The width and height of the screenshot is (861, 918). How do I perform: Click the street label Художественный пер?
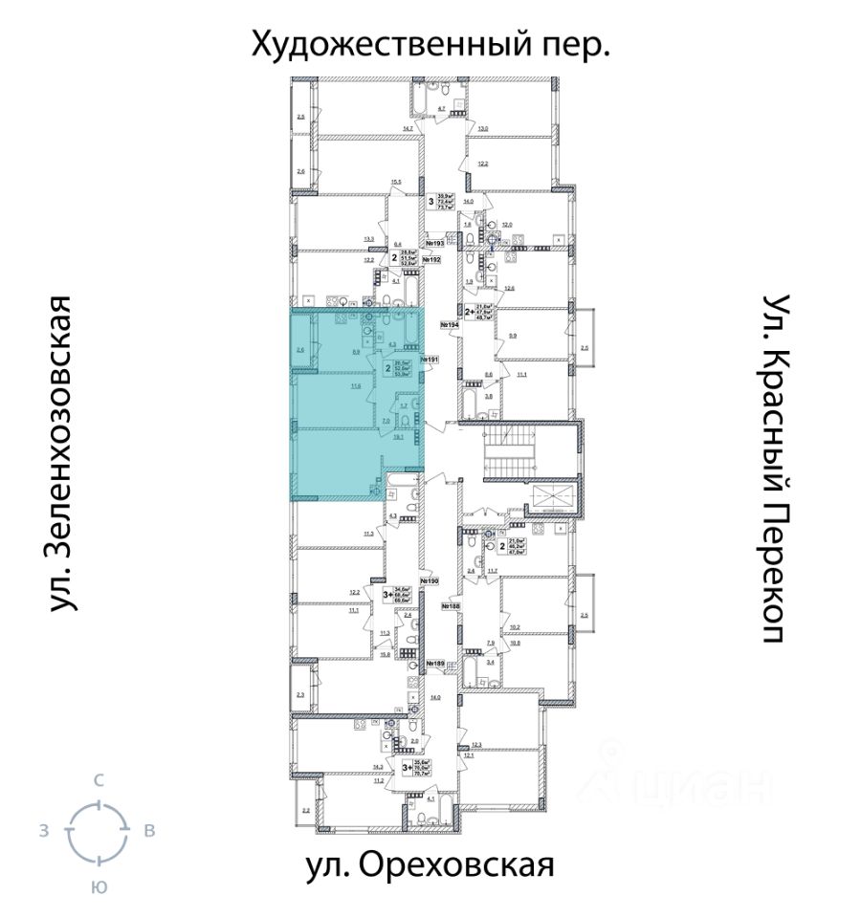tap(430, 44)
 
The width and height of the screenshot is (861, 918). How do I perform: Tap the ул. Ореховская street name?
tap(430, 865)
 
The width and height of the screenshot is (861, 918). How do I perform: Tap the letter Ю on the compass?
tap(98, 887)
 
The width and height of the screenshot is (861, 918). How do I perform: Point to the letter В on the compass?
tap(149, 831)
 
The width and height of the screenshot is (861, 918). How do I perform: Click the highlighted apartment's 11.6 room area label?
tap(356, 386)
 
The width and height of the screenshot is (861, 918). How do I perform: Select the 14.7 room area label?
tap(408, 127)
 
